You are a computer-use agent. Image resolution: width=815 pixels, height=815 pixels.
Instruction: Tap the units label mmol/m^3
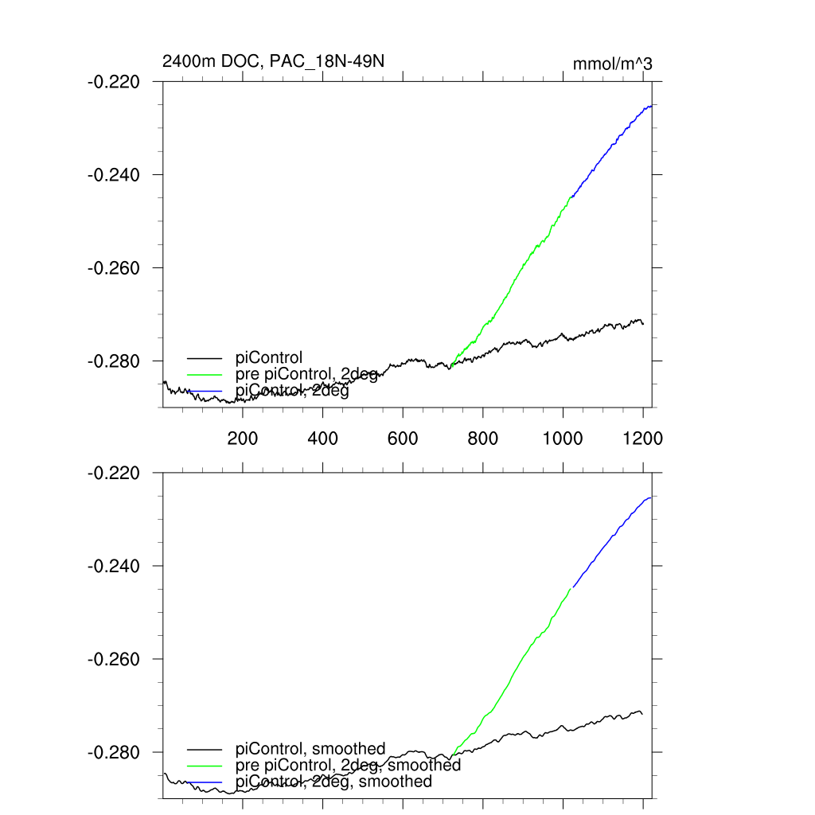coord(612,64)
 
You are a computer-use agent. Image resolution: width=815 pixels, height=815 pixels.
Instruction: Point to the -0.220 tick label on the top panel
coord(114,82)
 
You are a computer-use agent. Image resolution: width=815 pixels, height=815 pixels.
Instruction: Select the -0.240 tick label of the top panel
coord(114,175)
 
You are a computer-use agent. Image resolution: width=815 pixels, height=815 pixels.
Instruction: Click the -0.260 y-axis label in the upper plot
coord(114,268)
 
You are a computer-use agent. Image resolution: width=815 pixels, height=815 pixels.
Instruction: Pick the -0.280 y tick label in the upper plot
coord(114,361)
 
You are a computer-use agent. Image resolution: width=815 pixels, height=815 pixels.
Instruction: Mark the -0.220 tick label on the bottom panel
coord(114,474)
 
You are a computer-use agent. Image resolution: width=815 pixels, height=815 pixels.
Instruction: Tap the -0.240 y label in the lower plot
coord(114,567)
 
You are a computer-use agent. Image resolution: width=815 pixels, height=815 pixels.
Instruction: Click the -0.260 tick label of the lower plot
coord(114,660)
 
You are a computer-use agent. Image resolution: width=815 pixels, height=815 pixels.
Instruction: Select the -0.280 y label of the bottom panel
coord(114,753)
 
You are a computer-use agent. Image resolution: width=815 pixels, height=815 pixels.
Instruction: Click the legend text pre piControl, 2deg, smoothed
coord(349,766)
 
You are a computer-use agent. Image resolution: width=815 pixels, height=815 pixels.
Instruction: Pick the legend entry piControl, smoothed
coord(310,749)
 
